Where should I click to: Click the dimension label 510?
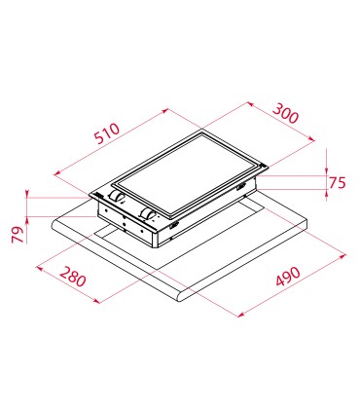(107, 133)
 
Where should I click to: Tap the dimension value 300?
(285, 113)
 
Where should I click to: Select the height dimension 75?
(338, 183)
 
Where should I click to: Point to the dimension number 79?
(18, 235)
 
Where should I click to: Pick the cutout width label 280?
(73, 277)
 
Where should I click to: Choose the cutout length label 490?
(288, 277)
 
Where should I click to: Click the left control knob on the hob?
(117, 196)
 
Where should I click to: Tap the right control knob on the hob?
(149, 214)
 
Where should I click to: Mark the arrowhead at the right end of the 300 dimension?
(312, 139)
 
